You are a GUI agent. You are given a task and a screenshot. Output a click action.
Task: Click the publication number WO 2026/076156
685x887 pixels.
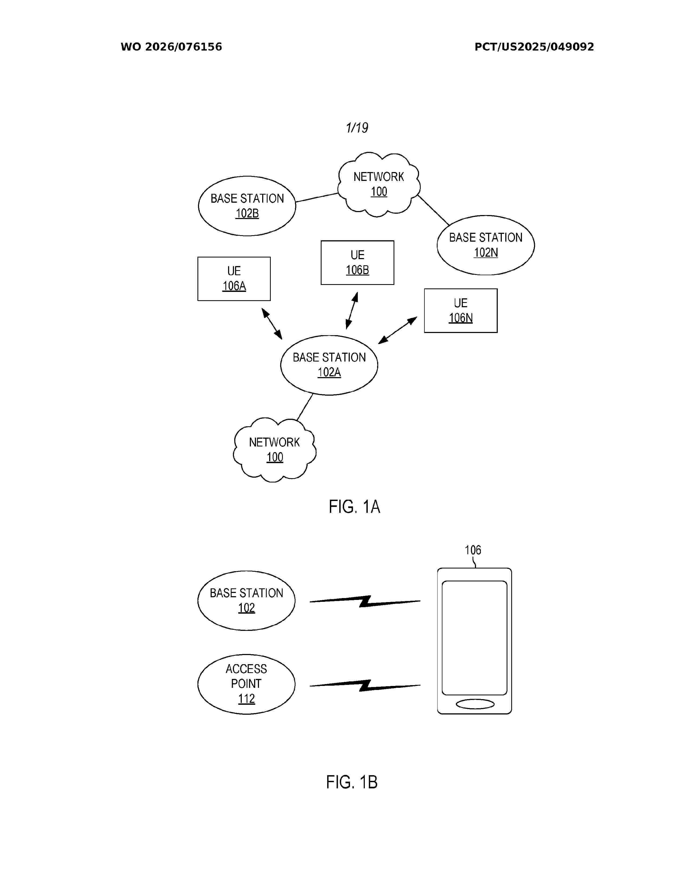coord(171,47)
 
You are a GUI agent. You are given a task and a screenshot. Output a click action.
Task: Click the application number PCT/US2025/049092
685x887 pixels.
coord(534,47)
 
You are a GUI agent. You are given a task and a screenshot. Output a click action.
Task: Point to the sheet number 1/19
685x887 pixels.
coord(357,128)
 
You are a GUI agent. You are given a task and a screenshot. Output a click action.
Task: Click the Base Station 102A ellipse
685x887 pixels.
coord(329,365)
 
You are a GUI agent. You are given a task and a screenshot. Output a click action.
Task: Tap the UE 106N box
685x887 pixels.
coord(461,311)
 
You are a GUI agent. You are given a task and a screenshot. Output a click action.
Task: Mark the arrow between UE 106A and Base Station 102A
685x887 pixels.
coord(272,324)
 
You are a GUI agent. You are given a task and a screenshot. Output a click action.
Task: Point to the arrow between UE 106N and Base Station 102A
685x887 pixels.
coord(398,330)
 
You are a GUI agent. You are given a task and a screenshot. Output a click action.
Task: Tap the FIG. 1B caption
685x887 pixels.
coord(352,782)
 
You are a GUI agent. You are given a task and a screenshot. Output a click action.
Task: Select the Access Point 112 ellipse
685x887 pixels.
coord(246,684)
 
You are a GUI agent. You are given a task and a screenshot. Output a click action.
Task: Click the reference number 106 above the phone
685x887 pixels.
coord(473,550)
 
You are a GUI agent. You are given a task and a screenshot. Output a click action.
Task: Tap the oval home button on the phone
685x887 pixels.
coord(475,704)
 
